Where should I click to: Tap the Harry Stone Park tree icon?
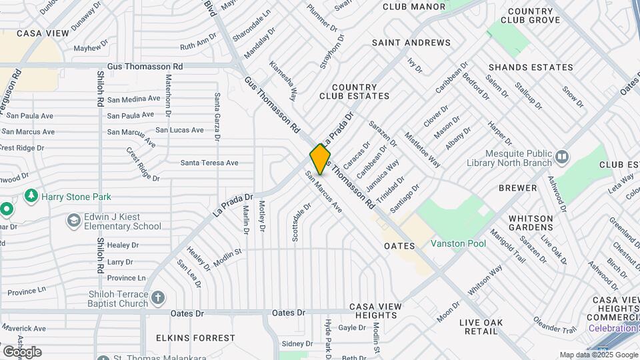point(30,196)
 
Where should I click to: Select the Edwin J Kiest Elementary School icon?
point(73,220)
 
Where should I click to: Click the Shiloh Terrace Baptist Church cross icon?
point(158,297)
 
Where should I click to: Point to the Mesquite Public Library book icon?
point(562,157)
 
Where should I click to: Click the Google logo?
point(22,352)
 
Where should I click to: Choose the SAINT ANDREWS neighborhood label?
point(411,43)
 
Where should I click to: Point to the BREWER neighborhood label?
point(518,188)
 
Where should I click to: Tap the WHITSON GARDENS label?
point(531,223)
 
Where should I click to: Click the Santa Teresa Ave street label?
point(209,163)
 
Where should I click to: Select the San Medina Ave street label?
point(134,99)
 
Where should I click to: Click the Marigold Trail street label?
point(508,245)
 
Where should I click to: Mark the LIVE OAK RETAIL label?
point(481,327)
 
